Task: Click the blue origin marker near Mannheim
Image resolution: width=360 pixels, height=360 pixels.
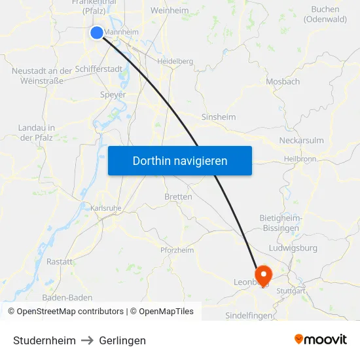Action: coord(97,32)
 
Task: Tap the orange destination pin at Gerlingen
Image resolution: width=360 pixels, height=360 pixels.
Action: coord(263,275)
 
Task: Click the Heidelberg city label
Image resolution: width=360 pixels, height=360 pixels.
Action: coord(175,61)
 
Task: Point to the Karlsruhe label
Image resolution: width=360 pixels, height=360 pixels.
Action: coord(105,207)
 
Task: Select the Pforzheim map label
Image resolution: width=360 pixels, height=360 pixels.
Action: coord(177,250)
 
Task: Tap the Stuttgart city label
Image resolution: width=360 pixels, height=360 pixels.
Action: coord(291,291)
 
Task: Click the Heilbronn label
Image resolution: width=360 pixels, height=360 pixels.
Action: coord(300,159)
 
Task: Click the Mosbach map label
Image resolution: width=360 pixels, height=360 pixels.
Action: coord(283,82)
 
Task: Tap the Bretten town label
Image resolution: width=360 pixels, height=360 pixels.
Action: coord(178,196)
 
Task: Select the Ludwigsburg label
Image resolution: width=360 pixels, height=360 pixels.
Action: coord(293,248)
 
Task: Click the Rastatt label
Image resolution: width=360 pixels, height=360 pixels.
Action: coord(60,261)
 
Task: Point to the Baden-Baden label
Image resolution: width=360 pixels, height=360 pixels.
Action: coord(67,297)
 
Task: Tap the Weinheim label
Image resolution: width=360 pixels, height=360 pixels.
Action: coord(170,10)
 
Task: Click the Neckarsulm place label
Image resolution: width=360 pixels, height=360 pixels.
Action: coord(301,141)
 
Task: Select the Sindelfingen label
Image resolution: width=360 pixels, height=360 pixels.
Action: coord(249,315)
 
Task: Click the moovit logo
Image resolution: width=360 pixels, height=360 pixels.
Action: coord(320,340)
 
